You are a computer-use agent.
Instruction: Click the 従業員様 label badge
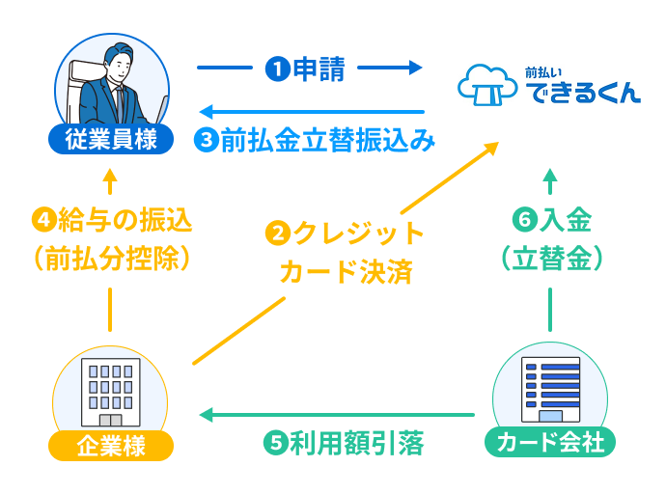point(110,140)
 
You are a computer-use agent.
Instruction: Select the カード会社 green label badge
point(550,443)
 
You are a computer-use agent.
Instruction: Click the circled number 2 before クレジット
point(278,233)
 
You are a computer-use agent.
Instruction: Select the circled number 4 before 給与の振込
point(43,220)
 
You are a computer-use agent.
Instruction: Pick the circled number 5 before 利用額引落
point(275,445)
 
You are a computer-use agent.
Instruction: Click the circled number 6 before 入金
point(524,221)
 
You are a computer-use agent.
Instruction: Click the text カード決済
point(346,271)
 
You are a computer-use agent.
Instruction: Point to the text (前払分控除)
point(110,259)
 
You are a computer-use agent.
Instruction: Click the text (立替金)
point(551,259)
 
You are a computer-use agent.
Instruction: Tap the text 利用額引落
point(356,445)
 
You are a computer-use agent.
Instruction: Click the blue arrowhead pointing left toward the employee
point(205,112)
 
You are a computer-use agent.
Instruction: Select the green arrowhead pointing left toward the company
point(206,415)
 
